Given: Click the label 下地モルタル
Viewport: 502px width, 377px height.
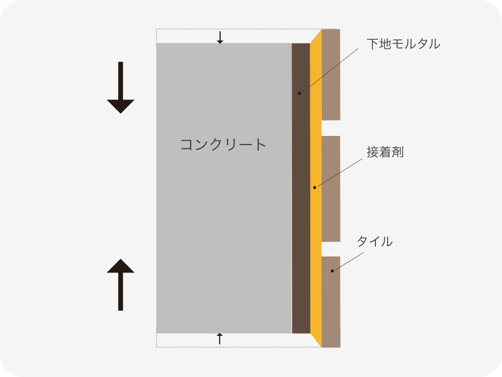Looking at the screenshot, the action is tap(403, 44).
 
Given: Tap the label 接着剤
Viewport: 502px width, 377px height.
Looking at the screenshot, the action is tap(385, 152).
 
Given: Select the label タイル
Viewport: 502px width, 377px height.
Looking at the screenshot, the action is tap(375, 241).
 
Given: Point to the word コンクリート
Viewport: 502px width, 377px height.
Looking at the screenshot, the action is tap(223, 145).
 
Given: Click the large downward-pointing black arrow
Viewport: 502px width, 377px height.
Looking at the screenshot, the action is tap(120, 87).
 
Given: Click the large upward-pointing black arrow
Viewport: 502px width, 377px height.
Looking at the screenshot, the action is tap(120, 284).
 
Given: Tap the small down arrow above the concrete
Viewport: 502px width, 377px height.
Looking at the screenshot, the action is tap(220, 38).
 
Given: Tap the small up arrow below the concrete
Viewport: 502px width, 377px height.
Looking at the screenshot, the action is tap(220, 339).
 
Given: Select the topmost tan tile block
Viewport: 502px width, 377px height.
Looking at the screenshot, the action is tap(331, 75).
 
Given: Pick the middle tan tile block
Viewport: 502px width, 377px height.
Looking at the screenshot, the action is tap(331, 189).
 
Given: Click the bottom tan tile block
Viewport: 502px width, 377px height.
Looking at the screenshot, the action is tap(331, 302).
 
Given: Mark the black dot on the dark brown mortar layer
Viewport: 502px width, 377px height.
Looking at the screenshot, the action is tap(299, 93).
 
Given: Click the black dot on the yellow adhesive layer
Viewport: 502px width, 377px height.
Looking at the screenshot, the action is tap(315, 187).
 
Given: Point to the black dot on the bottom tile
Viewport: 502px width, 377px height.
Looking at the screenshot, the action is tap(333, 271).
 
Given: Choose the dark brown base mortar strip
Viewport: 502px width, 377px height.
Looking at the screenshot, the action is tap(301, 188).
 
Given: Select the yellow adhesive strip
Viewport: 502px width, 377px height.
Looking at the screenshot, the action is tap(315, 188).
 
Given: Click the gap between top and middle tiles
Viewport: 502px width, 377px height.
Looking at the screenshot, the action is tap(331, 128).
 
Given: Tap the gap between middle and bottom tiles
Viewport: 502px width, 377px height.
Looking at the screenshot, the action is tap(331, 249).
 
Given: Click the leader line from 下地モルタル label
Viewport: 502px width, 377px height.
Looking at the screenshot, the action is tap(329, 71).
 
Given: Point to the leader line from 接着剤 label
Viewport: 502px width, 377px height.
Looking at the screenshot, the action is tap(338, 173).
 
